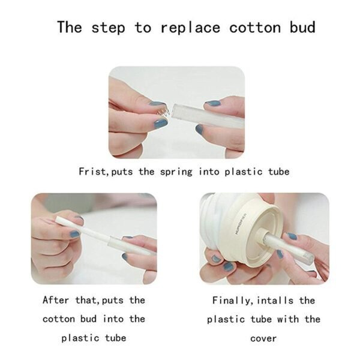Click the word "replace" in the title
pos(190,28)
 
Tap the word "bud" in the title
pos(302,27)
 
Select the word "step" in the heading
pos(108,28)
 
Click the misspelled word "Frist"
pos(91,172)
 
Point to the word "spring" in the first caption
pos(176,172)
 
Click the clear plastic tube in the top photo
pos(208,116)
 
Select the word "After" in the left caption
pos(56,300)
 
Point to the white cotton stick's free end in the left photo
pos(58,219)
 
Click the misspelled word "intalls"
pos(275,301)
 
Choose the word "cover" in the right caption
pos(263,338)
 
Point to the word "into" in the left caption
pos(113,319)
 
